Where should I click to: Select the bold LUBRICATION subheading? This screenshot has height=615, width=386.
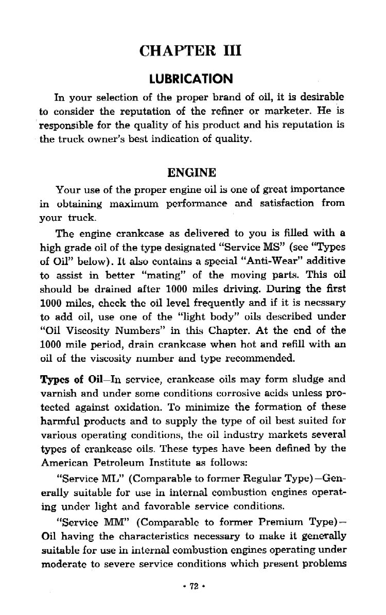coord(191,79)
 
